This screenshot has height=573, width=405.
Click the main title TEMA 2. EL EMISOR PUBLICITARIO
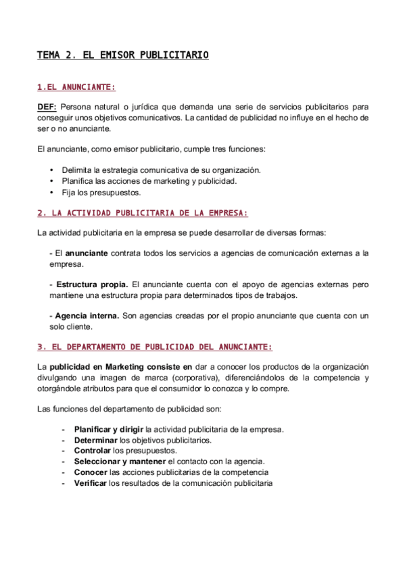pyautogui.click(x=122, y=55)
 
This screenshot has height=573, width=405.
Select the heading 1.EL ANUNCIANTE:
pyautogui.click(x=76, y=87)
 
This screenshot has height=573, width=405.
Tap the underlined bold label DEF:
pyautogui.click(x=47, y=106)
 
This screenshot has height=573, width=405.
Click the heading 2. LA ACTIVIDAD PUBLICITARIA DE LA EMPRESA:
pyautogui.click(x=142, y=213)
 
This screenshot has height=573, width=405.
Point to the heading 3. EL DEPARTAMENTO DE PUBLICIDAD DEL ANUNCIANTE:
pyautogui.click(x=154, y=347)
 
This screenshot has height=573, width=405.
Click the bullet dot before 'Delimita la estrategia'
pyautogui.click(x=52, y=170)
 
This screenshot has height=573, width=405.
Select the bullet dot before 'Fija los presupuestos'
pyautogui.click(x=52, y=193)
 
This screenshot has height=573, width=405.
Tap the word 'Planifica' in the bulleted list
pyautogui.click(x=77, y=181)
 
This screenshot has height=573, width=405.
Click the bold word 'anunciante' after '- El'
pyautogui.click(x=86, y=253)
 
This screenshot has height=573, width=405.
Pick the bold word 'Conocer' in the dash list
pyautogui.click(x=91, y=473)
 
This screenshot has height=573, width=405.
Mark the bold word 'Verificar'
pyautogui.click(x=91, y=484)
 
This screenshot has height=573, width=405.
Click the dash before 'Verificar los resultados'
pyautogui.click(x=63, y=484)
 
